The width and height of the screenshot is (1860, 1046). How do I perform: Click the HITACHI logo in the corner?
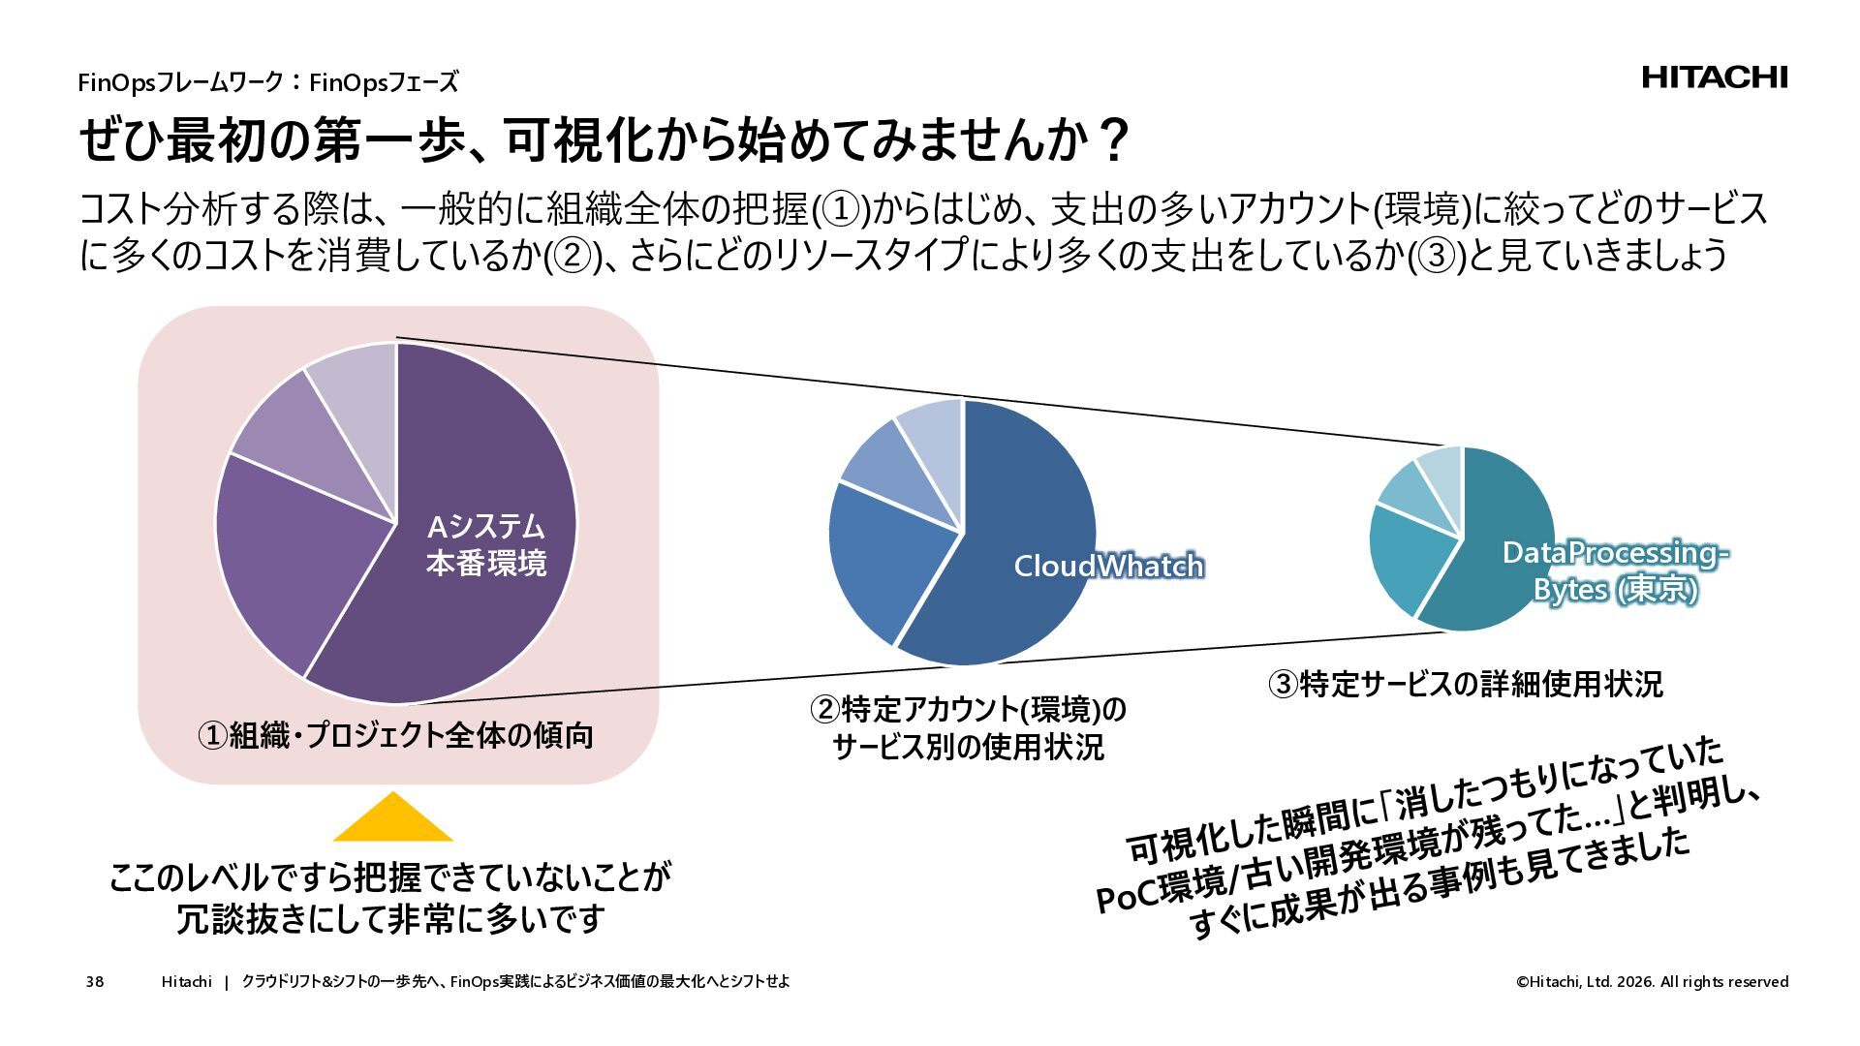click(1714, 77)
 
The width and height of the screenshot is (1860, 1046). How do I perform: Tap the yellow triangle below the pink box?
click(392, 819)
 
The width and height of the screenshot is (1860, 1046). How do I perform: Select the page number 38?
click(94, 982)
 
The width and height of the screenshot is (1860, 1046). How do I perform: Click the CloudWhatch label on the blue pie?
click(1107, 566)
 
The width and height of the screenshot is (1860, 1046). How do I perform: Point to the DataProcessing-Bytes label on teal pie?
click(1614, 570)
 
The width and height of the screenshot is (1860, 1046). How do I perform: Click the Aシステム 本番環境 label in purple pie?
click(486, 544)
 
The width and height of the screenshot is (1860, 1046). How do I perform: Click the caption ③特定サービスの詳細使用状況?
click(1466, 684)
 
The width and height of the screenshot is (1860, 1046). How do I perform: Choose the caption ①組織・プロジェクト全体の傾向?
click(395, 736)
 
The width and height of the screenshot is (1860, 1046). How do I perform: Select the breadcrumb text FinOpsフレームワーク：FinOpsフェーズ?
click(267, 82)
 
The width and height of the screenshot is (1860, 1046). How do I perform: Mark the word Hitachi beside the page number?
click(186, 982)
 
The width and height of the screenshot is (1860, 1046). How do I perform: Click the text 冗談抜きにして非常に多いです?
click(390, 918)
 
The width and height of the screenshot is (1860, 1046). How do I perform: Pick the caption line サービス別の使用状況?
click(968, 748)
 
